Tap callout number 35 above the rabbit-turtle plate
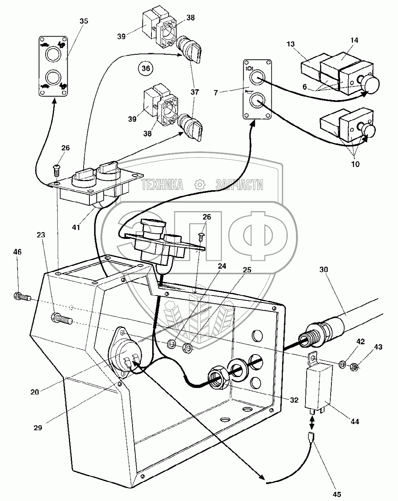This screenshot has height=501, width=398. click(83, 21)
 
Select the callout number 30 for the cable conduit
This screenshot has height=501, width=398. click(324, 269)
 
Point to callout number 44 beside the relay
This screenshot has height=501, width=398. click(355, 421)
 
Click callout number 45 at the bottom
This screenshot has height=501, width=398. click(336, 494)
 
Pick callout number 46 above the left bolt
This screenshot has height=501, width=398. click(18, 252)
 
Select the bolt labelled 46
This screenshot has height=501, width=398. click(23, 297)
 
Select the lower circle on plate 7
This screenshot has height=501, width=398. click(256, 101)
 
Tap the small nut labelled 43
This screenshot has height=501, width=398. click(353, 366)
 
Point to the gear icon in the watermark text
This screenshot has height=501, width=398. click(199, 185)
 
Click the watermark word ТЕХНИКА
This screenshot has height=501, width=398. click(162, 185)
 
